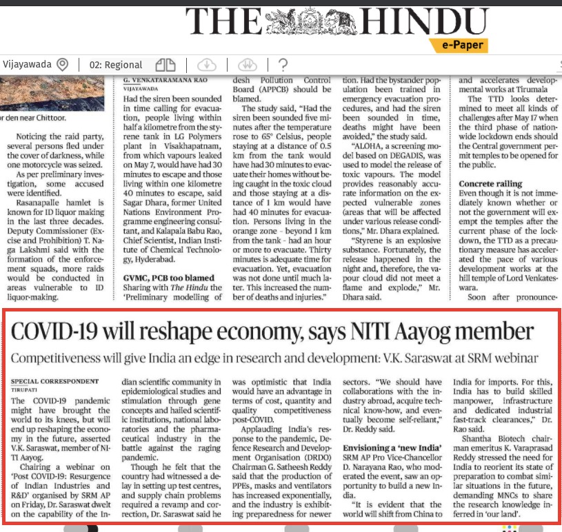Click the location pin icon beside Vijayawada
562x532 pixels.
63,65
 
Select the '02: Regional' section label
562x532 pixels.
116,65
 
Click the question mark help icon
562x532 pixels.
283,65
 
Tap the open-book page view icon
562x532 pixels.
165,65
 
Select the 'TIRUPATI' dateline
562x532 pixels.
25,389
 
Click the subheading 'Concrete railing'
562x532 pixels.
490,184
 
